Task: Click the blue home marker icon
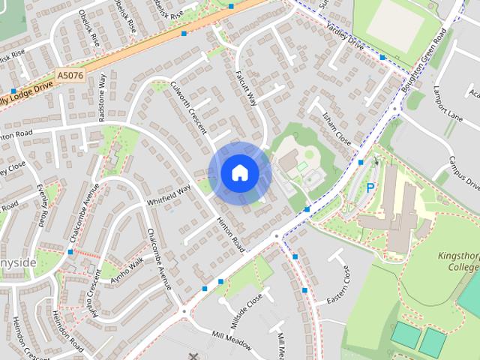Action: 240,172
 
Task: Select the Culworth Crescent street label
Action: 188,108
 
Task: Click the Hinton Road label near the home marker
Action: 230,234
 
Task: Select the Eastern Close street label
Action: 338,286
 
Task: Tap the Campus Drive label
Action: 464,172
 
